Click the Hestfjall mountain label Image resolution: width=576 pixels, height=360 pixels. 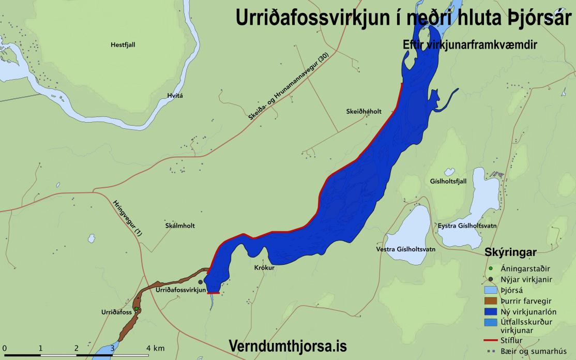pos(123,45)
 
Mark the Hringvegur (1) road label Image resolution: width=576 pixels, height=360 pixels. pos(127,218)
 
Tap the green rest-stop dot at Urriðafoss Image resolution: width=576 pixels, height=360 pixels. pos(137,309)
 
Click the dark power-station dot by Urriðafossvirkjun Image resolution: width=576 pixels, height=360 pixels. pos(200,282)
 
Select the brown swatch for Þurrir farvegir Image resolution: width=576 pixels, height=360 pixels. pos(490,302)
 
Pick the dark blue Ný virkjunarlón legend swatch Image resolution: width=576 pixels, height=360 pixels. pos(490,312)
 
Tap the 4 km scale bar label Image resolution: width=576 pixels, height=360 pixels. pos(156,347)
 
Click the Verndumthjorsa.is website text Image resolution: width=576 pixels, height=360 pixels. pos(287,346)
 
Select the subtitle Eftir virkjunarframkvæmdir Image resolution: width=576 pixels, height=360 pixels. pos(470,45)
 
